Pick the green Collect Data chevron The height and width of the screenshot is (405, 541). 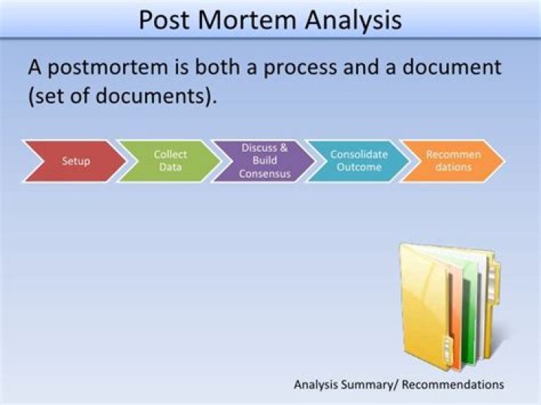(170, 161)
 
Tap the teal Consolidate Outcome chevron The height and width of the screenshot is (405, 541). (359, 161)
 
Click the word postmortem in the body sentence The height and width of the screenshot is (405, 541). (107, 68)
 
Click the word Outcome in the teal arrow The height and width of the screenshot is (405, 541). (359, 167)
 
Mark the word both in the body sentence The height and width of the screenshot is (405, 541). (219, 68)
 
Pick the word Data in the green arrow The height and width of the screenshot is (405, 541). (170, 167)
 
